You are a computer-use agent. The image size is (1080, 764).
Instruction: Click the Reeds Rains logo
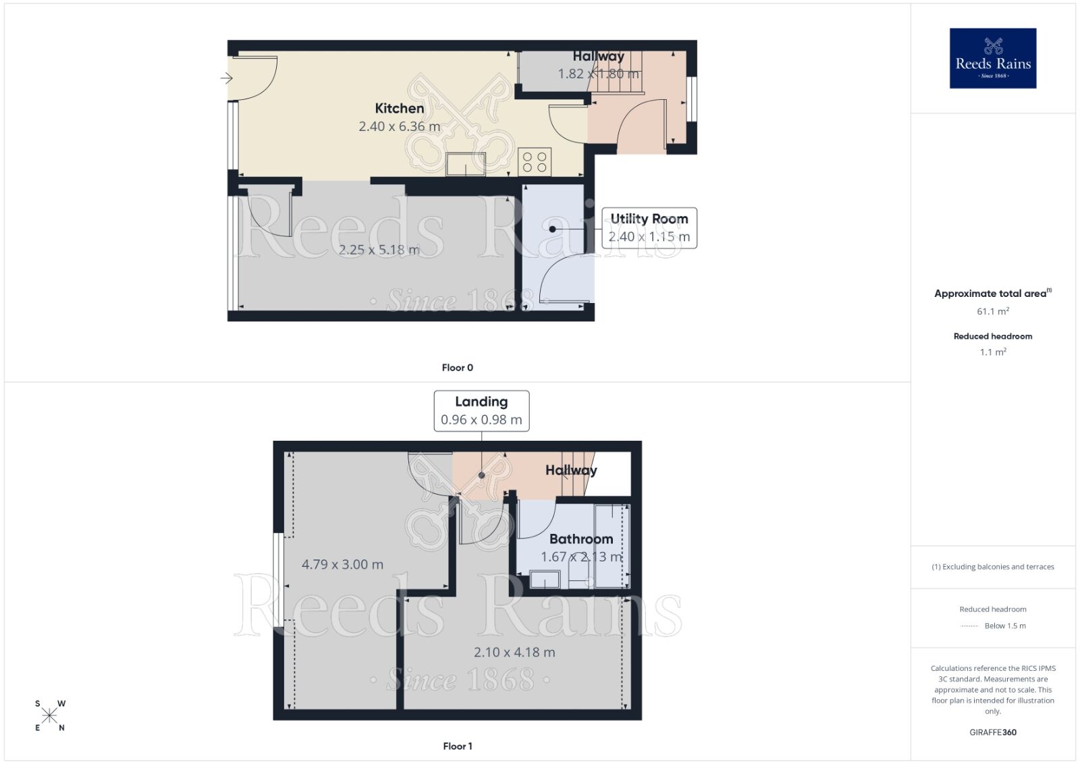point(992,58)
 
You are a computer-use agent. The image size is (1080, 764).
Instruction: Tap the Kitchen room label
point(400,108)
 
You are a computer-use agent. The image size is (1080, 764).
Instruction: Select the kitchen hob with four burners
point(535,162)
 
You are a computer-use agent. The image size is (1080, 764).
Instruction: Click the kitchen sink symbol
point(466,163)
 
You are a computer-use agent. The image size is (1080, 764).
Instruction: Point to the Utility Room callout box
point(649,228)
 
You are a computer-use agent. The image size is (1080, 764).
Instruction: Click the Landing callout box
point(481,410)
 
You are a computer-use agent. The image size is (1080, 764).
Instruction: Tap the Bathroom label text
point(581,539)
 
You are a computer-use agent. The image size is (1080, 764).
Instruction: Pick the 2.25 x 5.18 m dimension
point(379,250)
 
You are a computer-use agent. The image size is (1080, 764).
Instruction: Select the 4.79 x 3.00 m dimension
point(342,564)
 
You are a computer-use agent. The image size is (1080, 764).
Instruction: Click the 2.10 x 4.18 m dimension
point(514,652)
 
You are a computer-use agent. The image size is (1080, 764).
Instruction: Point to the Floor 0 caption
point(457,368)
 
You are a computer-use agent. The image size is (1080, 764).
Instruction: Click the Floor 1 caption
point(457,746)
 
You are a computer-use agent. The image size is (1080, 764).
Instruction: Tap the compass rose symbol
point(50,715)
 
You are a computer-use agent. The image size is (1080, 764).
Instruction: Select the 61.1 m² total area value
point(992,311)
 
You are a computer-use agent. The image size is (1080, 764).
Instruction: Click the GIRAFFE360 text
point(992,732)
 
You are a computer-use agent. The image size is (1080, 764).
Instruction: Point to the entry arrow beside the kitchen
point(226,78)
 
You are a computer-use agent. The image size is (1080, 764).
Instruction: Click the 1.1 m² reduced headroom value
point(992,352)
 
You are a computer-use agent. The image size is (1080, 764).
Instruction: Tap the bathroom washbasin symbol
point(544,579)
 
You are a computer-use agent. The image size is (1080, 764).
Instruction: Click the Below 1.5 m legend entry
point(1004,626)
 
